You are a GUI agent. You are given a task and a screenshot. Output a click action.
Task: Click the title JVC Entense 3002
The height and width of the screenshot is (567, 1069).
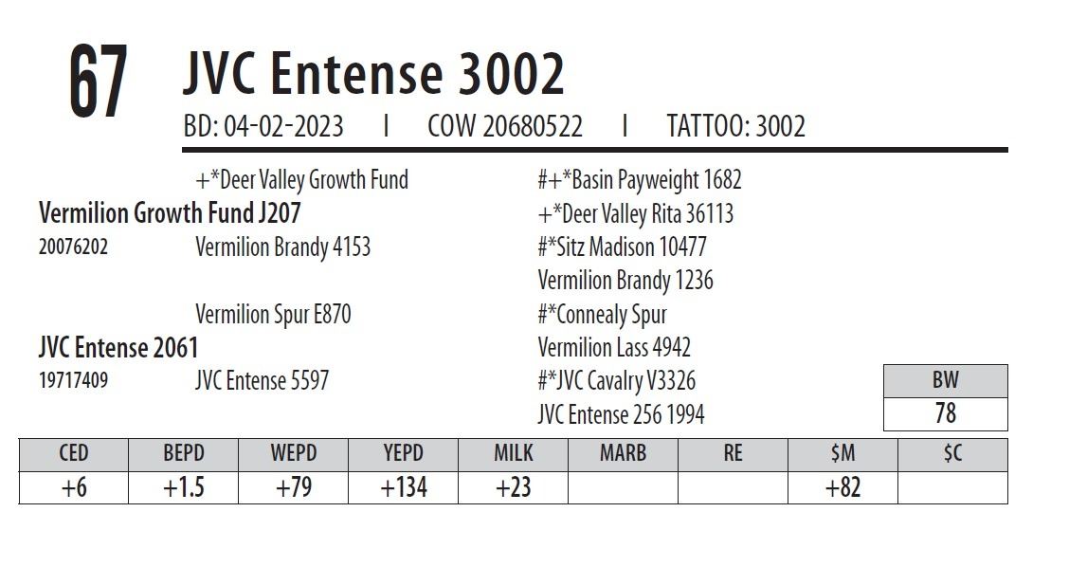373,73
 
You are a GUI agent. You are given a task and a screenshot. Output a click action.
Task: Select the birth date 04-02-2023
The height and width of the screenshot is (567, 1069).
282,126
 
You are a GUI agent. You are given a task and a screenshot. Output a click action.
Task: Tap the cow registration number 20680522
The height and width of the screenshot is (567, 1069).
533,126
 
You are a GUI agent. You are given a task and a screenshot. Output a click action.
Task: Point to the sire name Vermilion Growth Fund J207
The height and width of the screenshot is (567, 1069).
170,212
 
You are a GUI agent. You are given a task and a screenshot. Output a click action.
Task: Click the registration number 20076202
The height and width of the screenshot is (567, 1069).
73,247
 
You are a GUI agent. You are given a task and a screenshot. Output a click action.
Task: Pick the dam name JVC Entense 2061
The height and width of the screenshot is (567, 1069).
118,347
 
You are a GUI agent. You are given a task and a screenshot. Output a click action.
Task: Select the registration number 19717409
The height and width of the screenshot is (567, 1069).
73,381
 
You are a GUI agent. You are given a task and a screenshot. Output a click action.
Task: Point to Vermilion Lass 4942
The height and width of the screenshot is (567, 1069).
614,347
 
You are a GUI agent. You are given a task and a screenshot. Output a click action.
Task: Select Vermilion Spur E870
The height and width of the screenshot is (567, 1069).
273,314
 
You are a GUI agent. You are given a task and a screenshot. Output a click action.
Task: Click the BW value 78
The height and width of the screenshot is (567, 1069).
945,413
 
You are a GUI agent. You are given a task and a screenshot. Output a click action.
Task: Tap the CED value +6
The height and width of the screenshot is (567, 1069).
73,487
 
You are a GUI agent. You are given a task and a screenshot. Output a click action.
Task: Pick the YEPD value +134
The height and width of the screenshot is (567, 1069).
403,487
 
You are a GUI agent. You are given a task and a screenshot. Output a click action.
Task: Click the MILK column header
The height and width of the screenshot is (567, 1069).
513,453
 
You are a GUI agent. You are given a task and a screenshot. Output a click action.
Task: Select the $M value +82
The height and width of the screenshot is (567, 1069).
843,487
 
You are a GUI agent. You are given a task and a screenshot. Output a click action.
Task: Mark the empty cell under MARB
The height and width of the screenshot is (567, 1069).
623,487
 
